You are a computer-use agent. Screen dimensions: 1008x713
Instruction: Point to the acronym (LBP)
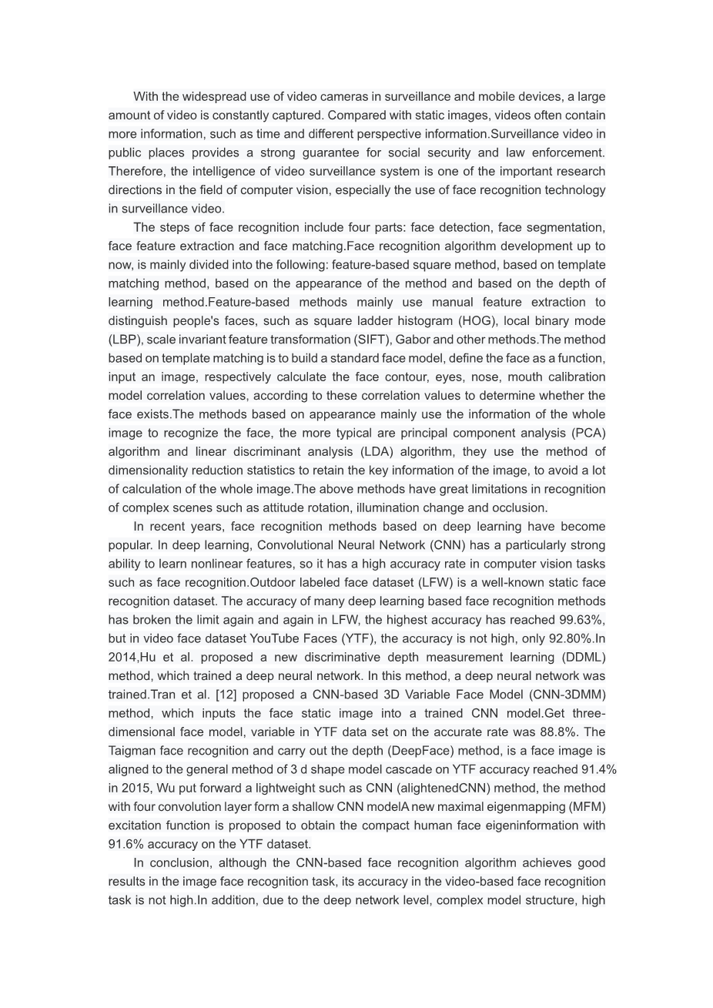125,340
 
